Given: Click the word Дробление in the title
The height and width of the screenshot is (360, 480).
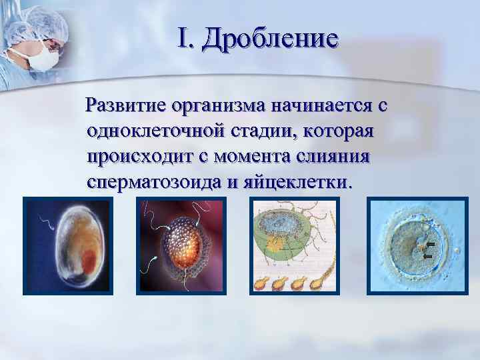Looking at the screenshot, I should [x=270, y=39].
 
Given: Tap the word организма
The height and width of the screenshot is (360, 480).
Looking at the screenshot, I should [x=220, y=105].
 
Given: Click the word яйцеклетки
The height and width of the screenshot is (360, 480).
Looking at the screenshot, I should [x=293, y=181].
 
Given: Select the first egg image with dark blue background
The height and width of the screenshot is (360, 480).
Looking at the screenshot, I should [x=65, y=246].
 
